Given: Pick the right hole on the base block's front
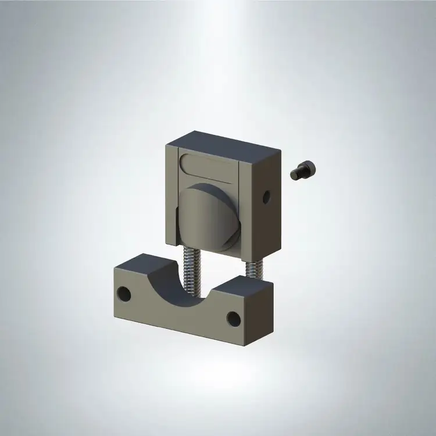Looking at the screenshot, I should pos(233,317).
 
